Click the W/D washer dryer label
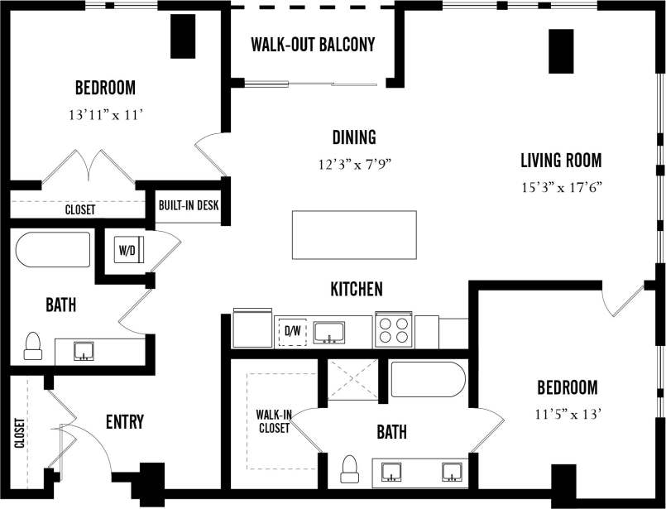[127, 248]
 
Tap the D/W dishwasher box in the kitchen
[292, 332]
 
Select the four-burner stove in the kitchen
[393, 329]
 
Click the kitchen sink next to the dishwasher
[329, 331]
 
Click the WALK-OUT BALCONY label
[313, 44]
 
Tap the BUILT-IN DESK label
[189, 204]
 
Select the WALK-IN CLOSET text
[273, 422]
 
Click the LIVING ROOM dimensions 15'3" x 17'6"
[561, 187]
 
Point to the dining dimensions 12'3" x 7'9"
[354, 164]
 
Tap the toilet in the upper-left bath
[33, 345]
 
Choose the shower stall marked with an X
[352, 380]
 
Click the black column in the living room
[561, 50]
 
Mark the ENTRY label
[125, 422]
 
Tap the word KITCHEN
[357, 289]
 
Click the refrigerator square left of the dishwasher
[252, 328]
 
